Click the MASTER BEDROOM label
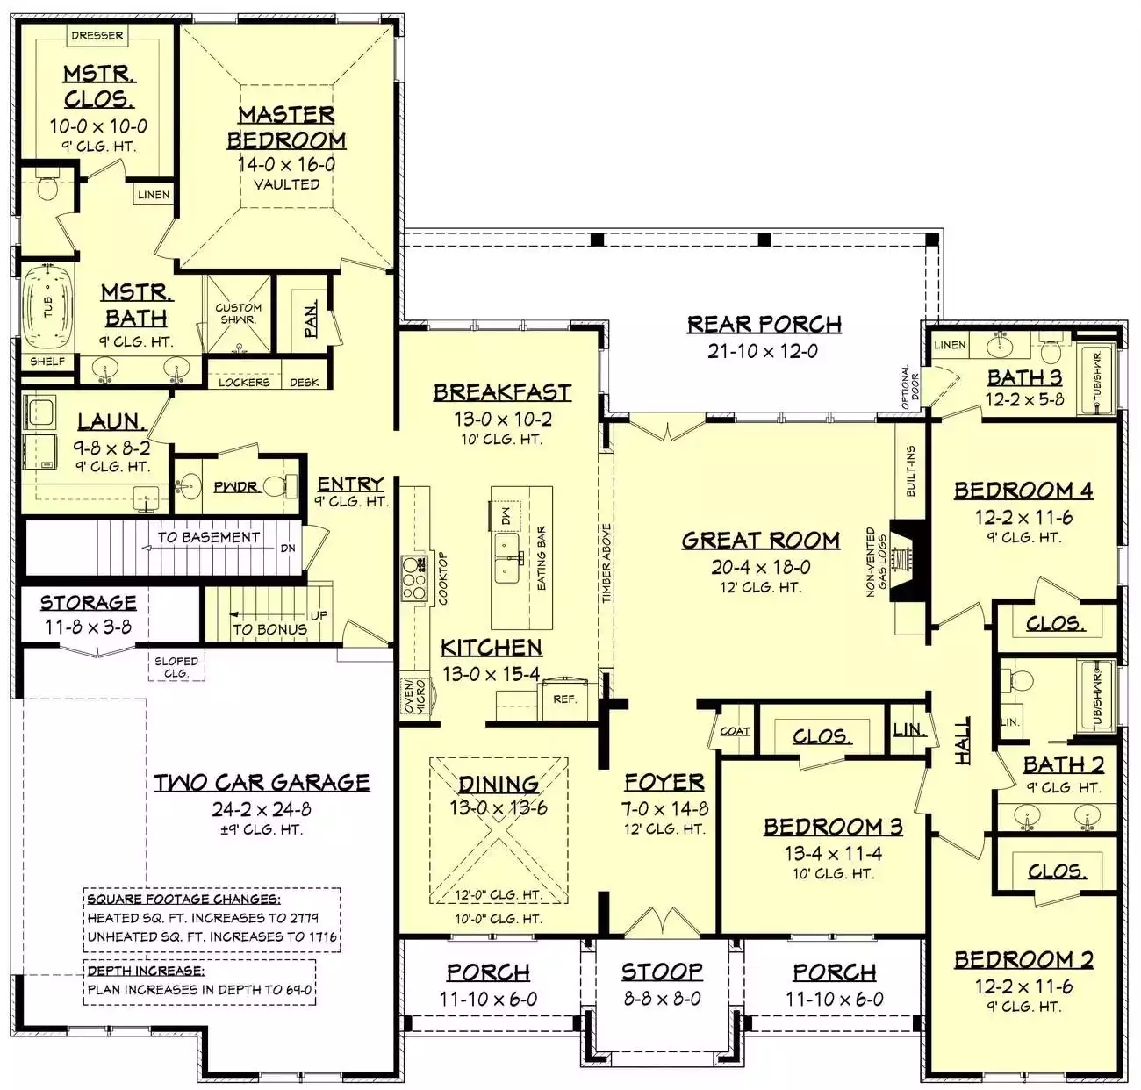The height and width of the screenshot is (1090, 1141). pyautogui.click(x=286, y=127)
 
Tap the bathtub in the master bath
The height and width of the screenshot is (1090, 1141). pyautogui.click(x=48, y=307)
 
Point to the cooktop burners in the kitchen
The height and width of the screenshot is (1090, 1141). pyautogui.click(x=414, y=578)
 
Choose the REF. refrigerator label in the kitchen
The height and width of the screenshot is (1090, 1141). pyautogui.click(x=564, y=699)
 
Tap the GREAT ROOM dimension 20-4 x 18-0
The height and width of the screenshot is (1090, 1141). pyautogui.click(x=760, y=567)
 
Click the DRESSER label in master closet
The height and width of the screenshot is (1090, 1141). pyautogui.click(x=97, y=36)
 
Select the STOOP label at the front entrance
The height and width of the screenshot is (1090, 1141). pyautogui.click(x=662, y=972)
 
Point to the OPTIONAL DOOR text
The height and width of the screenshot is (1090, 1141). pyautogui.click(x=910, y=386)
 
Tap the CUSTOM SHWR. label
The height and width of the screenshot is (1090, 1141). pyautogui.click(x=238, y=313)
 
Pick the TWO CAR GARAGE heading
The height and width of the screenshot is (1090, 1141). pyautogui.click(x=262, y=783)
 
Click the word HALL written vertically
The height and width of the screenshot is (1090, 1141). pyautogui.click(x=962, y=741)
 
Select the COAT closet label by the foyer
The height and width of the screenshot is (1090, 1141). pyautogui.click(x=735, y=731)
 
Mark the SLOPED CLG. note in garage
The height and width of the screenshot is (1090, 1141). pyautogui.click(x=176, y=667)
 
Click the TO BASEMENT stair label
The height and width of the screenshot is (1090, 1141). pyautogui.click(x=208, y=537)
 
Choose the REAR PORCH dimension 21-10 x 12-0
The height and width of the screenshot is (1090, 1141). pyautogui.click(x=763, y=351)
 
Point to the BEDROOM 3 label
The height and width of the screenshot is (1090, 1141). pyautogui.click(x=833, y=827)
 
